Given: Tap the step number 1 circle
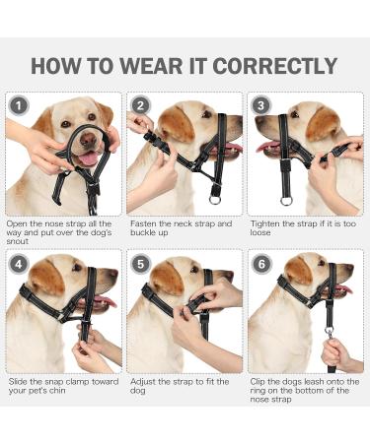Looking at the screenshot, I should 17,105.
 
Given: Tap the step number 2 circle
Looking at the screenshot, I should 140,105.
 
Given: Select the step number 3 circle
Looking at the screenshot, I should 261,105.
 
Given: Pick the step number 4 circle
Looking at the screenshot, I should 17,265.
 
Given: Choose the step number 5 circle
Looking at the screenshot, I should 140,265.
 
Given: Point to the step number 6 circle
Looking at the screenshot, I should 261,265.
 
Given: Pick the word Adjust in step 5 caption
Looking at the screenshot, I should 144,381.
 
